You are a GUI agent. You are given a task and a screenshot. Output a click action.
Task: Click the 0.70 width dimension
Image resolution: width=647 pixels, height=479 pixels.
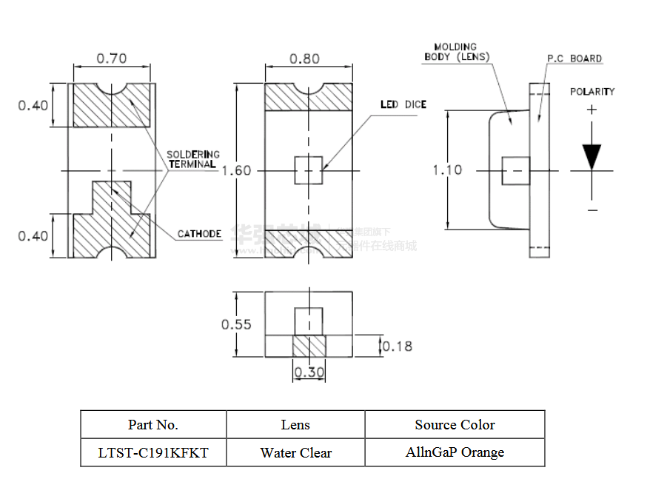point(111,58)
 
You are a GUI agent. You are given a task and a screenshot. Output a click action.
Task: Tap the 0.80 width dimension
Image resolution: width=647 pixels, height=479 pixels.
point(304,58)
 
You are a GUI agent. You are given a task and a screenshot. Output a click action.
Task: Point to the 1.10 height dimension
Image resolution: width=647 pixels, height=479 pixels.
point(447,170)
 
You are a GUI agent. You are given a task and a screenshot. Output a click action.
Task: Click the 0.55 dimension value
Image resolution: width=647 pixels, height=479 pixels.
point(236,324)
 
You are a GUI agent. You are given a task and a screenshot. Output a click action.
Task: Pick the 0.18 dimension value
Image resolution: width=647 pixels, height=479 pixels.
point(398,346)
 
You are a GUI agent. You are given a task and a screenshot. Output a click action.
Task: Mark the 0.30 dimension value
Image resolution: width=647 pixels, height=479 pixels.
point(309,372)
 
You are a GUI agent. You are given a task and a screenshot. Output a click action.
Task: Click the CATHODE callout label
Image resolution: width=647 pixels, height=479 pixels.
point(199,234)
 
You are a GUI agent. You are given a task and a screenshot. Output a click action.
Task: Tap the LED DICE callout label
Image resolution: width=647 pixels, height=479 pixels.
point(403,104)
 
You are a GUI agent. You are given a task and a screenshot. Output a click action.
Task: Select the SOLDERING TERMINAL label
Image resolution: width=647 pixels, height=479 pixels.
point(192,159)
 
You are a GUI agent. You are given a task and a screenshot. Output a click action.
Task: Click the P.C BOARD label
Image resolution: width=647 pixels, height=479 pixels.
point(574,58)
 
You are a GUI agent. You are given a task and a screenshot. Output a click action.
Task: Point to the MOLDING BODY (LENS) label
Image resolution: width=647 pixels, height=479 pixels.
point(456,52)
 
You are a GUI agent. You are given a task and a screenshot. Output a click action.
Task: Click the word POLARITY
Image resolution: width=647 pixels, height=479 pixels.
point(592,92)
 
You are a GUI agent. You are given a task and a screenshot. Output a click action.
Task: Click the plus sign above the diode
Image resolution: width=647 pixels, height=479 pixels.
point(591,110)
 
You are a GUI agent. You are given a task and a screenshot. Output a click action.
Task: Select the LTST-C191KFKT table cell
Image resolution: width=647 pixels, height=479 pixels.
point(153,452)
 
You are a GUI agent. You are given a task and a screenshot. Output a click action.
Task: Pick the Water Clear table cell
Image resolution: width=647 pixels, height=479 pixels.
point(295,452)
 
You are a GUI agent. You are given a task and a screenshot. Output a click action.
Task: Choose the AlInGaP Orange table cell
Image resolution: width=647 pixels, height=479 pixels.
point(455,452)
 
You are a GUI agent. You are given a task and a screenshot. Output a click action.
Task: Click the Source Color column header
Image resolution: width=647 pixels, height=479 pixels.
point(455,424)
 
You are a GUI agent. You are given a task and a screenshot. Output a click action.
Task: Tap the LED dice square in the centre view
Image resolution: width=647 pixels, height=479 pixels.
point(309,170)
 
